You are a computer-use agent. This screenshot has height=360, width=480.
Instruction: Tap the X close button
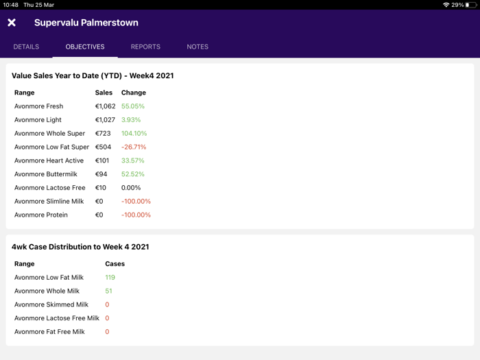[12, 23]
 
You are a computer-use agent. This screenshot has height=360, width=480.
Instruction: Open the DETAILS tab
[26, 47]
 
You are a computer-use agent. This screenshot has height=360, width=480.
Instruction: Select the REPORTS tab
[145, 47]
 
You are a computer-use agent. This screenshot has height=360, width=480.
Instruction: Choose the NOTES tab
[197, 47]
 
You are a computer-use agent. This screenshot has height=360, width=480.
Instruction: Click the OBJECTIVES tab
[85, 47]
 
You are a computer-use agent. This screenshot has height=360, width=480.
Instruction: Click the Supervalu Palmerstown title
[86, 23]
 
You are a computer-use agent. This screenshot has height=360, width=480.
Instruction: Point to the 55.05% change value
[133, 106]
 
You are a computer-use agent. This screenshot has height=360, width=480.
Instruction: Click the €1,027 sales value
[105, 120]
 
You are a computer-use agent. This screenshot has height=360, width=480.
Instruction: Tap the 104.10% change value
[134, 134]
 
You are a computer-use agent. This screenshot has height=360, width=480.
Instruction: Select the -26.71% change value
[134, 147]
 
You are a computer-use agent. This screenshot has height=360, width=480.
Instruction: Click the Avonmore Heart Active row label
[49, 160]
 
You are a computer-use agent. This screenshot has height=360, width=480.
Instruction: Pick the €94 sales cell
[101, 174]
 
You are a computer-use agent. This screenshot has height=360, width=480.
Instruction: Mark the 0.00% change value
[131, 188]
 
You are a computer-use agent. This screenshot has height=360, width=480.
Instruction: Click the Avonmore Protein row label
[41, 215]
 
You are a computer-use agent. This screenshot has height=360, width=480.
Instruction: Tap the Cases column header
[115, 263]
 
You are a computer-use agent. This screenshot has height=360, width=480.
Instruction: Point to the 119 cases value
[110, 278]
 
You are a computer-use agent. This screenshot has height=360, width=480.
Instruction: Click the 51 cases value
[108, 291]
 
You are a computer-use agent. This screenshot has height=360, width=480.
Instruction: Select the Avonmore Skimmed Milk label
[51, 304]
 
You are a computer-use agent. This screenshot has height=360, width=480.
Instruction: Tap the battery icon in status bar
[471, 5]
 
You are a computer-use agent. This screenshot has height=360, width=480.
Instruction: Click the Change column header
[134, 93]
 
